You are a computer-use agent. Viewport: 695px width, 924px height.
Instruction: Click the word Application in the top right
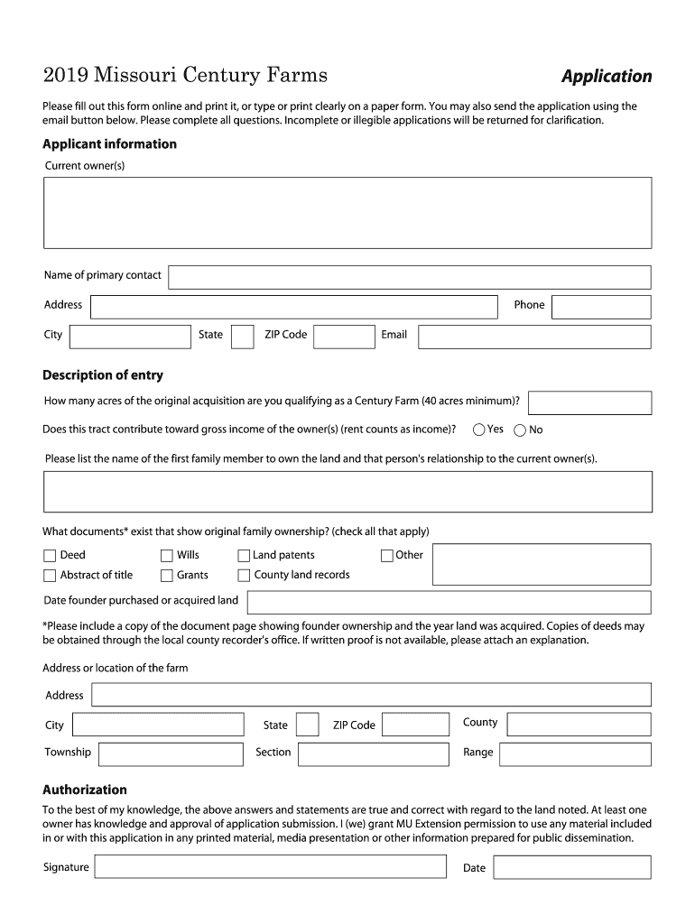(x=606, y=76)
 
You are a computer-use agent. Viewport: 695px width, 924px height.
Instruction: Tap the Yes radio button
(x=479, y=430)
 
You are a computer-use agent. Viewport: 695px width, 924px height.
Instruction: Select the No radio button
(x=520, y=430)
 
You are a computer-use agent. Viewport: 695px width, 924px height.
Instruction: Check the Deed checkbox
(x=50, y=556)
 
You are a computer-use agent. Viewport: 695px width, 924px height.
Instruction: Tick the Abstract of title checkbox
(x=50, y=576)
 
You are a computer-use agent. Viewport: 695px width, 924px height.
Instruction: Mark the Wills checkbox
(x=167, y=556)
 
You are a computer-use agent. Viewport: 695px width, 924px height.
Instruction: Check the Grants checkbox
(x=167, y=576)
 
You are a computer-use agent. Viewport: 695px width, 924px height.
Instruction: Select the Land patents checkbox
(x=244, y=556)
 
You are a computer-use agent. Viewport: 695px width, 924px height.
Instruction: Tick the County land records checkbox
(x=244, y=576)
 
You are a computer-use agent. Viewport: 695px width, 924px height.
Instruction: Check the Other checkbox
(x=387, y=556)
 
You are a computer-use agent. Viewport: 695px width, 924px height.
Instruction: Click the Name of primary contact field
(x=409, y=277)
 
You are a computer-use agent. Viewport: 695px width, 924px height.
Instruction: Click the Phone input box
(x=600, y=307)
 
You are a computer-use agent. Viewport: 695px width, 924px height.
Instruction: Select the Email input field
(x=533, y=337)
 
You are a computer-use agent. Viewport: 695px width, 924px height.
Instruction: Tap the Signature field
(x=270, y=867)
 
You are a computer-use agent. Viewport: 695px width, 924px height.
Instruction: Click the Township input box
(x=171, y=753)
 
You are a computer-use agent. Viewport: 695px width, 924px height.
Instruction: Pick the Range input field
(x=575, y=753)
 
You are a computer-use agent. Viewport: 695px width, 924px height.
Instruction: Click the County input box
(x=579, y=724)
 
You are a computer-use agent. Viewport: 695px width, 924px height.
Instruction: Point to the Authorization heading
(x=85, y=790)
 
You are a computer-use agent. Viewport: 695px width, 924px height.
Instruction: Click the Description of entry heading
(x=103, y=375)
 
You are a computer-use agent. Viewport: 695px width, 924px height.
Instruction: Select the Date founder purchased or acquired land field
(x=448, y=602)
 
